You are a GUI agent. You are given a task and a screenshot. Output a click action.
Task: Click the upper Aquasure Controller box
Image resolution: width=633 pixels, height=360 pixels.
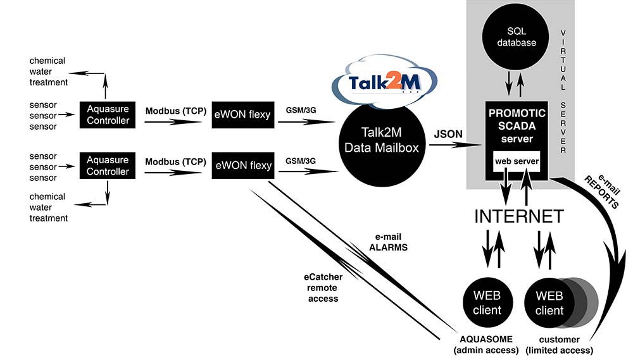coord(108,115)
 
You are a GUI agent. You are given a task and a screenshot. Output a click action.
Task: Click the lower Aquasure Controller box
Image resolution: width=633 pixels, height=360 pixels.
coord(108,166)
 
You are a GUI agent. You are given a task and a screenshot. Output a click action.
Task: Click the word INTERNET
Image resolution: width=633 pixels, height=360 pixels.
coord(518,216)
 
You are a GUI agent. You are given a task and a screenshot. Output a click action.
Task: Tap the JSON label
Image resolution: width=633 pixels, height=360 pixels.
coord(448,134)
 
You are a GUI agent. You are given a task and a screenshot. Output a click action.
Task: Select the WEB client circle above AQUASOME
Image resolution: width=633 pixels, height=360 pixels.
coord(487,302)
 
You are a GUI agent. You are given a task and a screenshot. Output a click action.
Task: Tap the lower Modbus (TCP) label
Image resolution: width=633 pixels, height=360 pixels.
coord(176,162)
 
